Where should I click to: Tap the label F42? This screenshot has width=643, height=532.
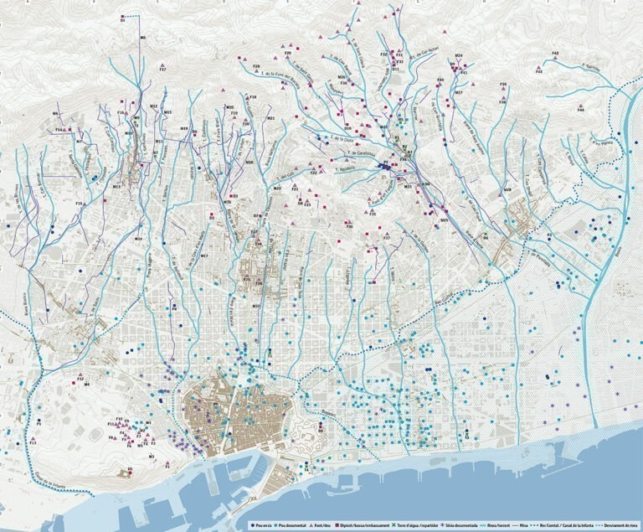click(x=555, y=54)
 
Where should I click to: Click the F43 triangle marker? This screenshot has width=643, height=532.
click(x=540, y=66)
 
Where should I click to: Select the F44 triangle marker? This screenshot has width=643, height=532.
click(x=579, y=105)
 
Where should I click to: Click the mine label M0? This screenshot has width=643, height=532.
click(x=142, y=39)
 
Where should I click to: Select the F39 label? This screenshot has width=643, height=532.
click(x=503, y=85)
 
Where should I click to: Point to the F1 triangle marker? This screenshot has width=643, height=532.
click(x=167, y=459)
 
